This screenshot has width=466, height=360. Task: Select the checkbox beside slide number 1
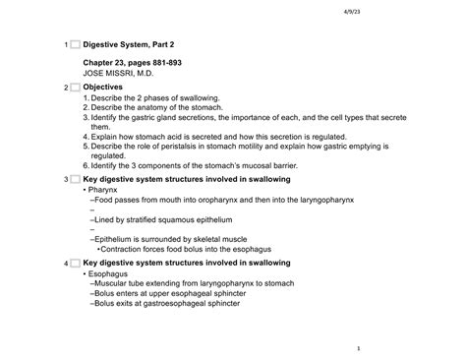pos(74,46)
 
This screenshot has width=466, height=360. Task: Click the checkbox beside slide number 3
pos(74,181)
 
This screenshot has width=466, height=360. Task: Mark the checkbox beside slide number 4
pos(74,265)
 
